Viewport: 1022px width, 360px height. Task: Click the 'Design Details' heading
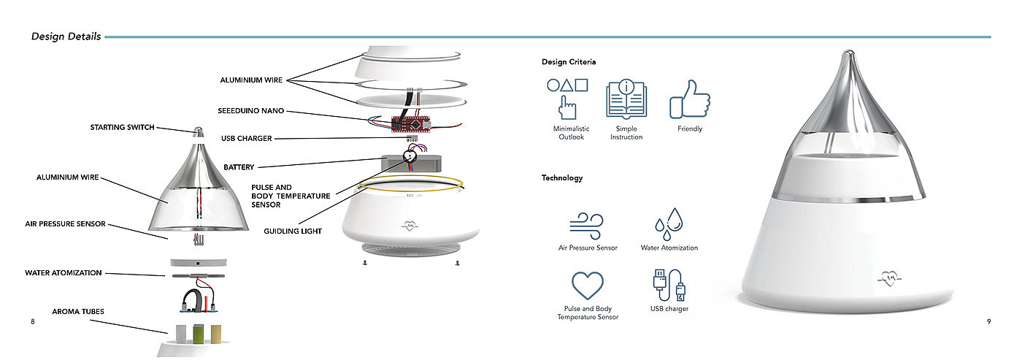point(66,37)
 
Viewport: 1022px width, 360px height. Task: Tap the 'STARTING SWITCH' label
point(123,127)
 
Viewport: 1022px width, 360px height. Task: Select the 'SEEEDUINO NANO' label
point(250,111)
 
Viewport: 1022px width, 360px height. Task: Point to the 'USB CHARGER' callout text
point(247,138)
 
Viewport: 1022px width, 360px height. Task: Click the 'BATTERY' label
point(239,167)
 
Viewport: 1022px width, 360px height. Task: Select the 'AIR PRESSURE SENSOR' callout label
point(66,224)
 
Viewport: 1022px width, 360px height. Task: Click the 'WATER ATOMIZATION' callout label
point(64,273)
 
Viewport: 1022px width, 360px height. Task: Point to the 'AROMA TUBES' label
point(78,312)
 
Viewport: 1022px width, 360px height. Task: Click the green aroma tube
point(198,334)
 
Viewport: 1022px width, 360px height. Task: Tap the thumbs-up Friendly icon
point(690,100)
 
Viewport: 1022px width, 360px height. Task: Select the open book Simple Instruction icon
point(626,100)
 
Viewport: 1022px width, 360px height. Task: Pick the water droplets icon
point(668,223)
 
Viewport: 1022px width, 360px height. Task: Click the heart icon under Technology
point(588,286)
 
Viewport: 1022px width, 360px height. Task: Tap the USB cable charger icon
point(669,286)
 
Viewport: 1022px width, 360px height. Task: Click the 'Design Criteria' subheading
point(569,62)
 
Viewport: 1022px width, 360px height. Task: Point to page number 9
point(988,322)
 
